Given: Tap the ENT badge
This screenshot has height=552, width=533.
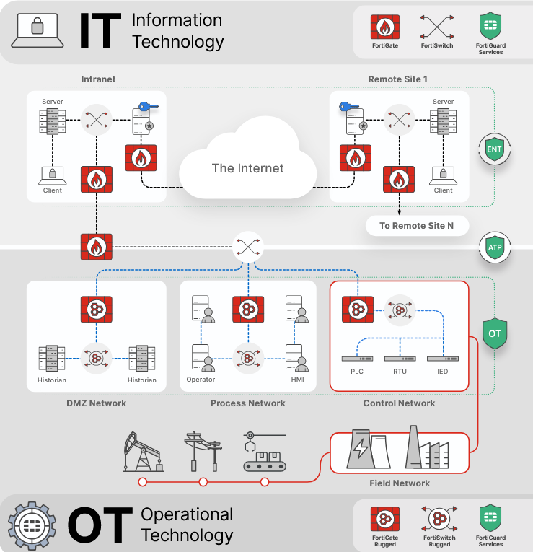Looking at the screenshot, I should pos(494,150).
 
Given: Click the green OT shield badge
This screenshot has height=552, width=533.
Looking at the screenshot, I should pos(494,334).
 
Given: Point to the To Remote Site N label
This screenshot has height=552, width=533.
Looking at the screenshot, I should pos(417,226).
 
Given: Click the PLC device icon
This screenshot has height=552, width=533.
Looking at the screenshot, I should pos(357,359).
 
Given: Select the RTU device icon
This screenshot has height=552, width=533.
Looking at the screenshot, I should pos(399,359).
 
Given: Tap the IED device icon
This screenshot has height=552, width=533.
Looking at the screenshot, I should pos(441,359).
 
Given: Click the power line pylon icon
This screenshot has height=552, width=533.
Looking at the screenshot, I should pos(202,451).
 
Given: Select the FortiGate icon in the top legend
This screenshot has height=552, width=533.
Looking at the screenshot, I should pos(385,27).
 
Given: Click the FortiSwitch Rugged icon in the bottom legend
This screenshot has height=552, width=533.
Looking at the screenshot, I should pos(439,520).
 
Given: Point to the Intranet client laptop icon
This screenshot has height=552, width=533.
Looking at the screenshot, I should pos(52,175).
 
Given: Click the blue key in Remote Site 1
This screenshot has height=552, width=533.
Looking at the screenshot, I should pos(349,107).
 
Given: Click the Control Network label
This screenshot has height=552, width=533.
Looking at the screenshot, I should pos(399,403).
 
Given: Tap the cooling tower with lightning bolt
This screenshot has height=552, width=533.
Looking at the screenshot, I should pos(360,450).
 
